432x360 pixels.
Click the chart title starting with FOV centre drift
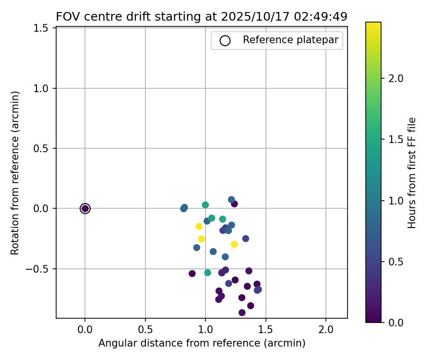pos(202,16)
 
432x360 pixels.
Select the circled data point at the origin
pos(85,208)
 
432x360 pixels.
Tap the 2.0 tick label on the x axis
pos(326,330)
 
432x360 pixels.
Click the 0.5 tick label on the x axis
pos(145,330)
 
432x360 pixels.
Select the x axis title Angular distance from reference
pos(202,343)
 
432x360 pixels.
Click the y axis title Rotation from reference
pos(15,173)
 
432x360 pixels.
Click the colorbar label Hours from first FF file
pos(412,173)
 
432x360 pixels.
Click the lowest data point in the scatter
pos(242,312)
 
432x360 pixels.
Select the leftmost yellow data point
pos(199,227)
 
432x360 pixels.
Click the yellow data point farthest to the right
pos(234,244)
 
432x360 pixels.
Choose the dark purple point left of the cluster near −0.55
pos(192,274)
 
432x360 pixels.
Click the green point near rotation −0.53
pos(207,273)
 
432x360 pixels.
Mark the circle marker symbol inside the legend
pos(225,40)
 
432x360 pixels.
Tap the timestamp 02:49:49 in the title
pos(321,16)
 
